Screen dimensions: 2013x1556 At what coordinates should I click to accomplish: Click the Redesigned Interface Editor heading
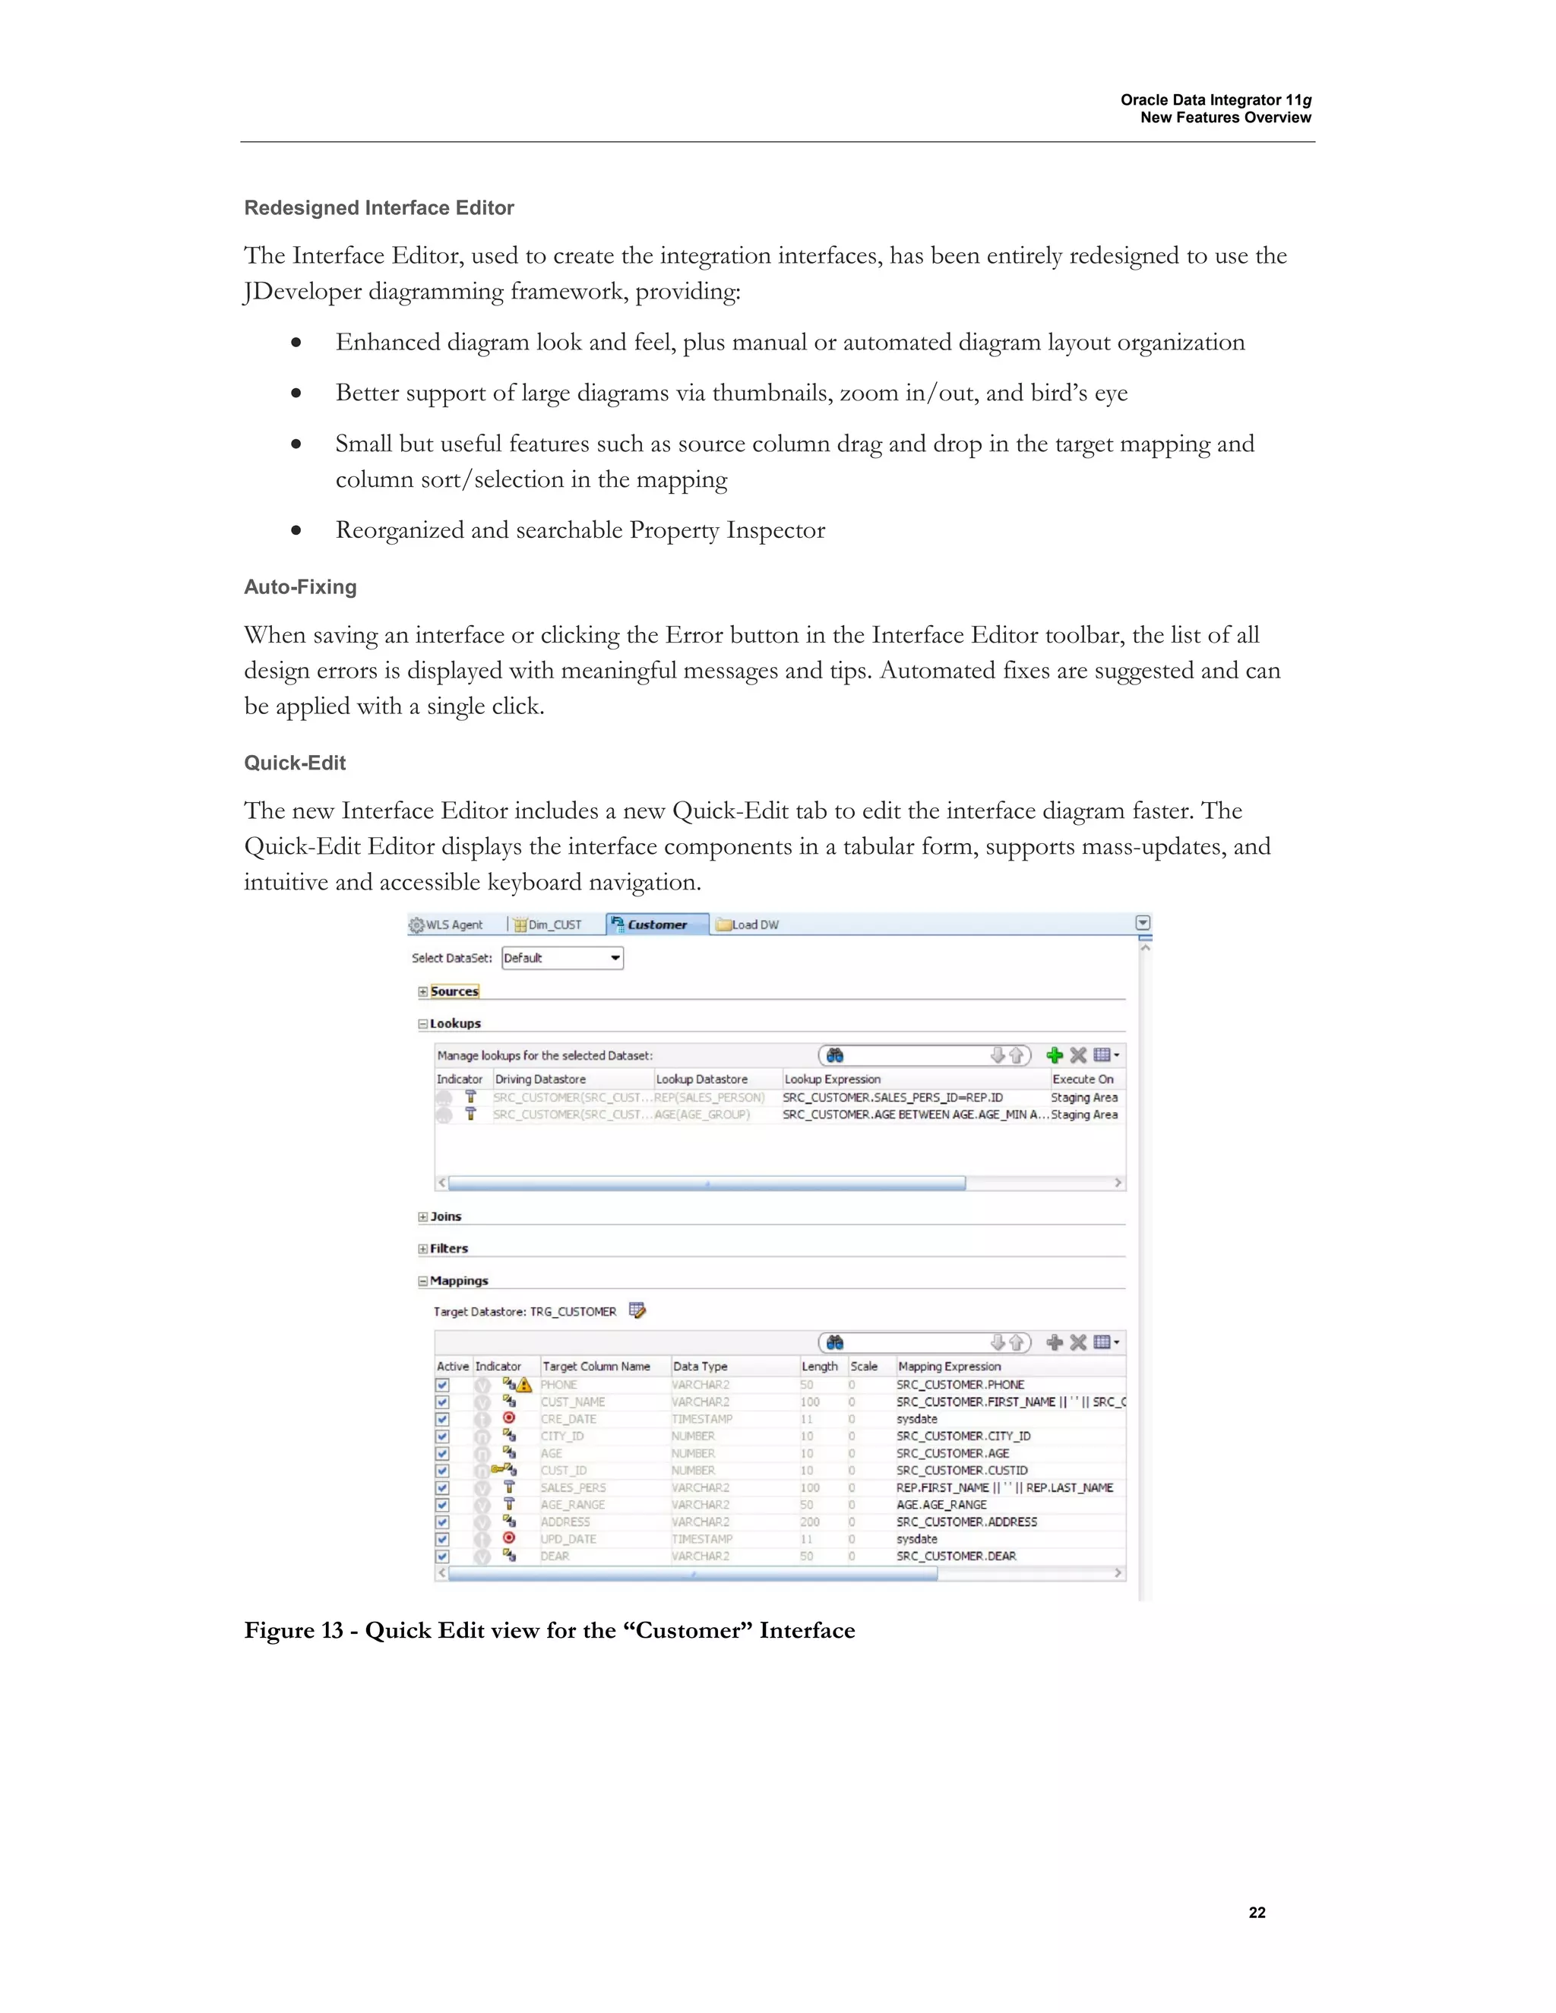379,208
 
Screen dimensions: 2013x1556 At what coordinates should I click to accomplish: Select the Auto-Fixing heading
301,587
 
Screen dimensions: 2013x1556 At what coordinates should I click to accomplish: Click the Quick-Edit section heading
295,763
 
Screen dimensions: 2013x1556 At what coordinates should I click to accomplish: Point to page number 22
1257,1913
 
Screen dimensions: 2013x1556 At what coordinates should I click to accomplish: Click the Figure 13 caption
549,1630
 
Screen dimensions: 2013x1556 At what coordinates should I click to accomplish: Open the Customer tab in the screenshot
656,924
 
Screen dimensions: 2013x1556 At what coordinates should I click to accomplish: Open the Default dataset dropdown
615,959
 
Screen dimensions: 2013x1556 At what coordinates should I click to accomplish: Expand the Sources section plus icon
423,992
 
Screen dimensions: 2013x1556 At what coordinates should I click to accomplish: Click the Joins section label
445,1217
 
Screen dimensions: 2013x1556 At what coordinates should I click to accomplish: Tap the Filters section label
449,1249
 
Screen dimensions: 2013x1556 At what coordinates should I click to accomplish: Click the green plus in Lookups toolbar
1055,1055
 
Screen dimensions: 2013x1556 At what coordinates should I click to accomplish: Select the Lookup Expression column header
833,1079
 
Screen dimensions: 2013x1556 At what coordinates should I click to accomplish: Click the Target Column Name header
596,1367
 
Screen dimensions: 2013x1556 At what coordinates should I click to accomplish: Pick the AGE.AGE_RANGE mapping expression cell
941,1505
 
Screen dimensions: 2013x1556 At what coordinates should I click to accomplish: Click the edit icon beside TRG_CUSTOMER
637,1310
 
